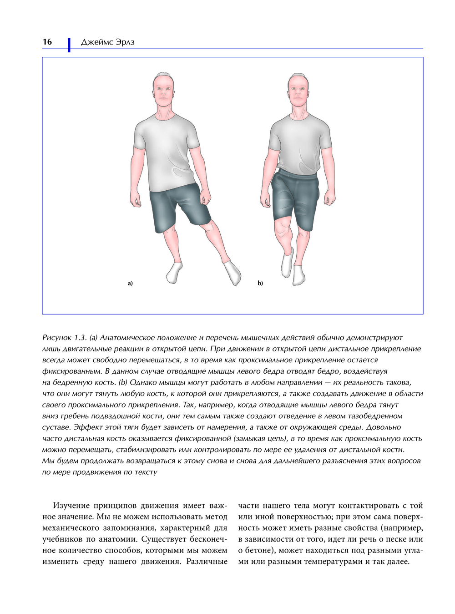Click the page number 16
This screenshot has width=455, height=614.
pos(47,42)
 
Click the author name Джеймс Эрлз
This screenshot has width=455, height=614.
pos(107,42)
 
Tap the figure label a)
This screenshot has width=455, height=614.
pos(130,283)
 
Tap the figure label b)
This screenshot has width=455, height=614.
pos(260,283)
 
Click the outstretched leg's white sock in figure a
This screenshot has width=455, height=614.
pos(233,272)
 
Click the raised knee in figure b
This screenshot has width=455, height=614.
pos(283,223)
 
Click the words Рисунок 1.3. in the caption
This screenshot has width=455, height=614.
pos(64,338)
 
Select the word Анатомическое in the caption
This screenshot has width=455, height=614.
pos(128,338)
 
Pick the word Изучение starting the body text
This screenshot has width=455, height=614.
pos(71,506)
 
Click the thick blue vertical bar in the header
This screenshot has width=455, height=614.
pos(69,45)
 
